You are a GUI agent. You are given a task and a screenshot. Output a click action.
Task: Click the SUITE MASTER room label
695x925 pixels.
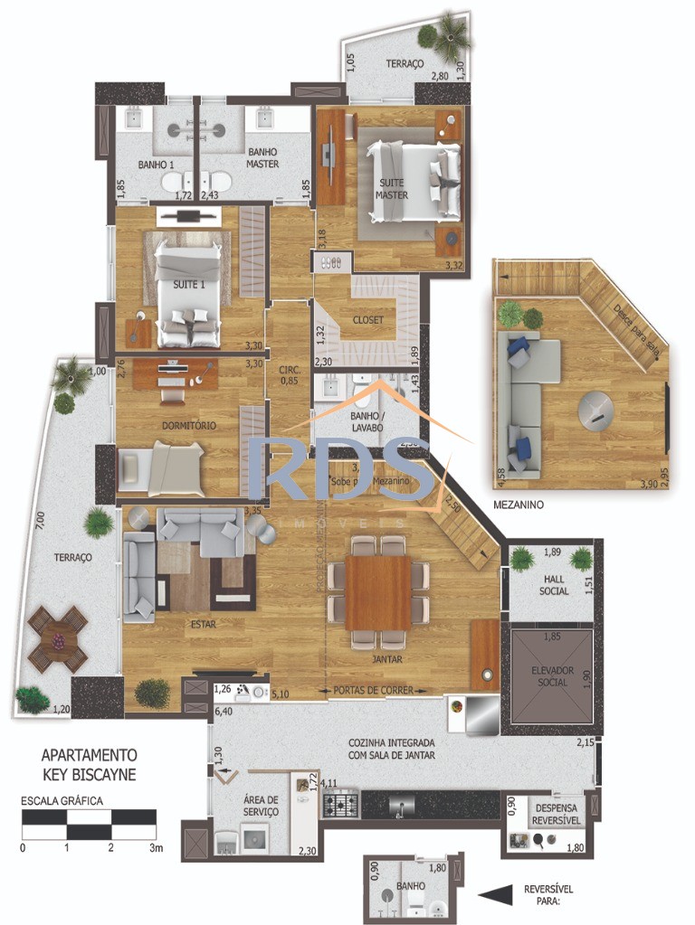point(392,189)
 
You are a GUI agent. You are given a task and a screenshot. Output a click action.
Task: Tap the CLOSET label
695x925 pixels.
point(368,320)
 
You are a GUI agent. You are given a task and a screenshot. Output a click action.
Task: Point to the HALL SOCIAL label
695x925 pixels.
point(553,585)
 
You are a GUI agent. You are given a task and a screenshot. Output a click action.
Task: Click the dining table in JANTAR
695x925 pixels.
point(377,592)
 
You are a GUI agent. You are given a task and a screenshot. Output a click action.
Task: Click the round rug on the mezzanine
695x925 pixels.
point(598,412)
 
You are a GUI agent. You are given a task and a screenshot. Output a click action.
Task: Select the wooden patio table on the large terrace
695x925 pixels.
point(58,639)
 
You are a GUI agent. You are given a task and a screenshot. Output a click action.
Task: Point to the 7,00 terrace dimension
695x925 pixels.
point(40,522)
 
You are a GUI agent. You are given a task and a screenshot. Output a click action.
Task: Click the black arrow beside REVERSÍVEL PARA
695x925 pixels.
point(495,895)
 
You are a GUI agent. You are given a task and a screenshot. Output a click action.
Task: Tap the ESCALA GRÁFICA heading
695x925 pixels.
point(62,801)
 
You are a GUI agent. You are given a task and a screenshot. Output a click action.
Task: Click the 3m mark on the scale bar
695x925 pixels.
point(156,848)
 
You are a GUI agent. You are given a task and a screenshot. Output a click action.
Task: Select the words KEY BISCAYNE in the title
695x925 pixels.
point(90,774)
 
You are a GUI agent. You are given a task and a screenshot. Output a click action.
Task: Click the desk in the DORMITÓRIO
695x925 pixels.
point(176,373)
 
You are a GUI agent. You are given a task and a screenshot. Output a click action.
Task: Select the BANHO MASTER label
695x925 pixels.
point(262,158)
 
